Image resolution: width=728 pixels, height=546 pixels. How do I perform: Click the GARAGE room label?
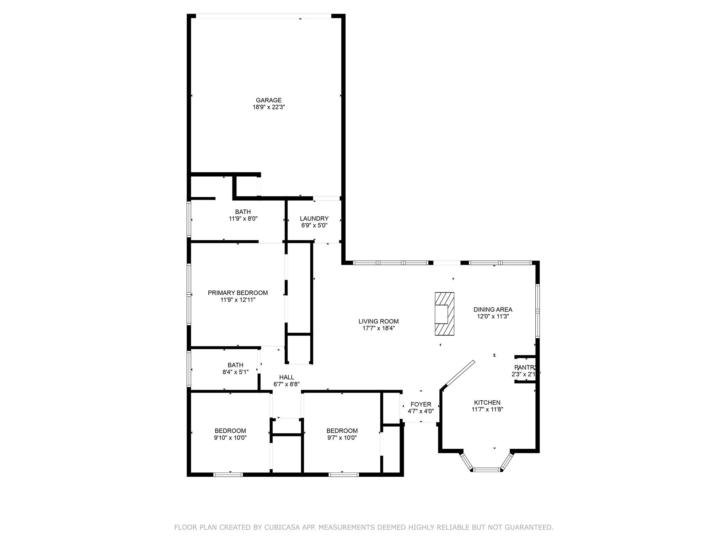(269, 100)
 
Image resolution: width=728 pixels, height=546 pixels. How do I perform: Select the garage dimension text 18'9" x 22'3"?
(269, 107)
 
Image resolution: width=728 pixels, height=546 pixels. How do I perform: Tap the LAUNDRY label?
(314, 219)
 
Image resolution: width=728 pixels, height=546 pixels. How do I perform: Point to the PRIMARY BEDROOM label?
(238, 293)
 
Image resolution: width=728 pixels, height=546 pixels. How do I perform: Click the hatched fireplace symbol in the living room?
(444, 314)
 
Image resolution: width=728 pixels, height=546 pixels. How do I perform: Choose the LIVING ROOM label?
(379, 321)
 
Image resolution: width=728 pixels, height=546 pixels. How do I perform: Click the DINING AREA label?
(493, 310)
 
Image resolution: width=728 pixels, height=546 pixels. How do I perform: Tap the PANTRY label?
(525, 367)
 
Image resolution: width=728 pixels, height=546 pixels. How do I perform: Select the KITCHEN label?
(487, 402)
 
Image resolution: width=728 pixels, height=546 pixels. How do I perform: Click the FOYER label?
(421, 405)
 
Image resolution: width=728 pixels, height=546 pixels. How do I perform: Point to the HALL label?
(287, 378)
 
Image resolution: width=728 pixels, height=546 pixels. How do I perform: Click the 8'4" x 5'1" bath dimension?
(236, 372)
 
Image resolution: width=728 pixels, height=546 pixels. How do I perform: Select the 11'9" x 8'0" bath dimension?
(243, 219)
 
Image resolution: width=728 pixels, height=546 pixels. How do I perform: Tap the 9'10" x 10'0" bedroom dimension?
(230, 438)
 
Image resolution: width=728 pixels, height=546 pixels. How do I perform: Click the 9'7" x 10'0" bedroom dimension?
(342, 438)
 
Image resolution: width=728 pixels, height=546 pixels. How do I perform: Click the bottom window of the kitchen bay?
(487, 470)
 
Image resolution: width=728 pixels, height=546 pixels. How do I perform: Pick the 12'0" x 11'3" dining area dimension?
(493, 316)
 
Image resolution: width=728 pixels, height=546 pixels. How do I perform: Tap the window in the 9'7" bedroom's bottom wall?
(343, 475)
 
